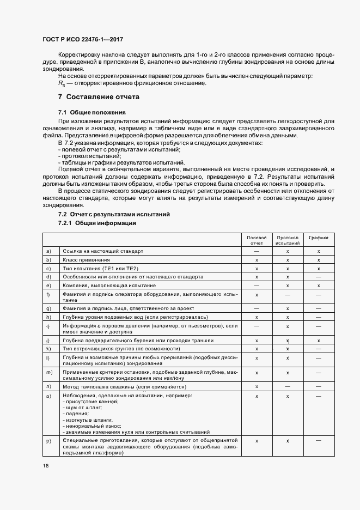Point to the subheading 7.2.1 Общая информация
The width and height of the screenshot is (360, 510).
pyautogui.click(x=97, y=223)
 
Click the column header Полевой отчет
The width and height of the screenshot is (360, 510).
pyautogui.click(x=256, y=240)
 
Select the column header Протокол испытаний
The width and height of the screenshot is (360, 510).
pyautogui.click(x=287, y=240)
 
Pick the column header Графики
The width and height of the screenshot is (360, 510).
pyautogui.click(x=319, y=238)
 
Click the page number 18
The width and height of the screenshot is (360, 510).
pyautogui.click(x=45, y=466)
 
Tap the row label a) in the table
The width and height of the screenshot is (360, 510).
pyautogui.click(x=49, y=251)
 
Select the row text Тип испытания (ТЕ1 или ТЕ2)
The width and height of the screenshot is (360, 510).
pyautogui.click(x=101, y=269)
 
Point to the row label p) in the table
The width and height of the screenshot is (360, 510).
pyautogui.click(x=49, y=440)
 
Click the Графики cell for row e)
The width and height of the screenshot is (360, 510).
pyautogui.click(x=319, y=285)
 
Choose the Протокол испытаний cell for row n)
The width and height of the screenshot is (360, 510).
pyautogui.click(x=287, y=386)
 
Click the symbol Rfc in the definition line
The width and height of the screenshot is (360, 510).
pyautogui.click(x=61, y=83)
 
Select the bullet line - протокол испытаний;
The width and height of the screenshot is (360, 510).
pyautogui.click(x=82, y=156)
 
